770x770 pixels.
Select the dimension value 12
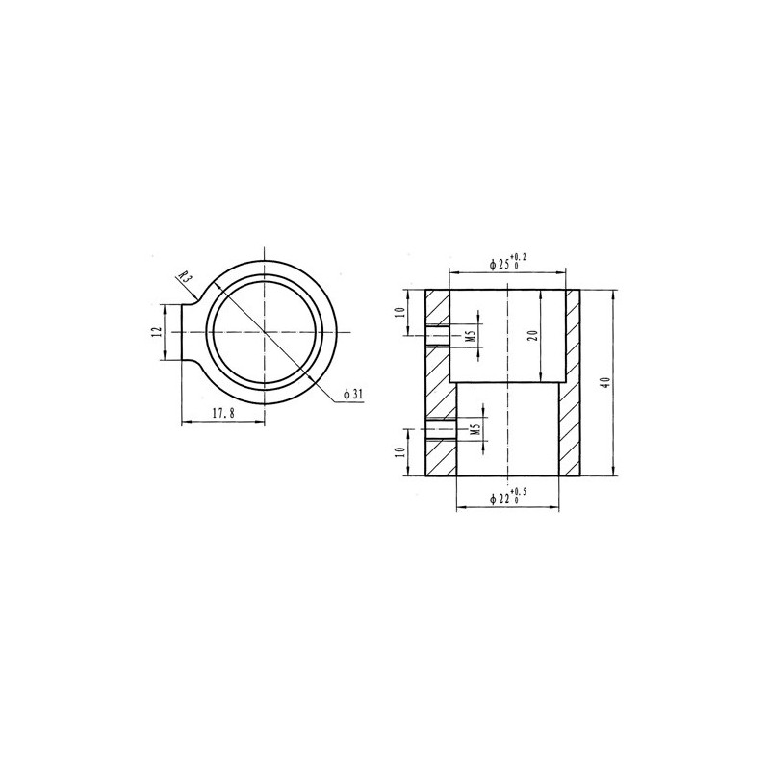[x=154, y=332]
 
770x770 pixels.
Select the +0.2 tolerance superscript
[x=521, y=255]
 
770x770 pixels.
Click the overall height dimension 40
[x=603, y=382]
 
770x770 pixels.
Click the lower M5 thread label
[x=476, y=430]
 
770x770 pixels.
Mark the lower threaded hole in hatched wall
[x=439, y=430]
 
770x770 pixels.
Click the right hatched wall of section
[x=572, y=385]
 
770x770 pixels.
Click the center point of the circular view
[x=263, y=332]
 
